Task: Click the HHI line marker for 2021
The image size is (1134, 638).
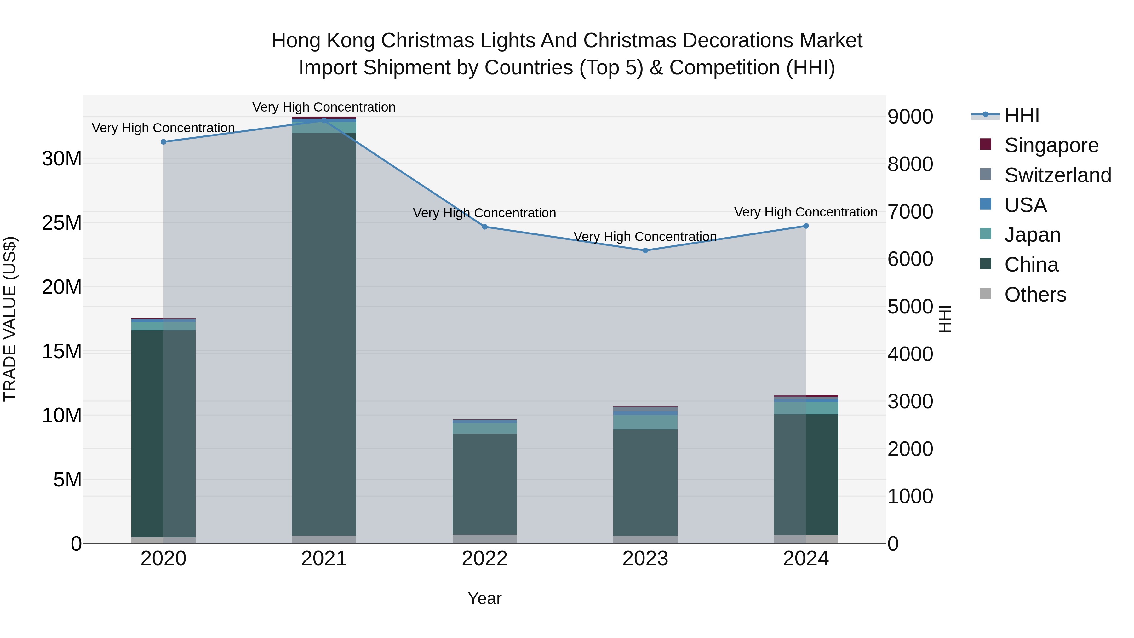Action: pos(324,120)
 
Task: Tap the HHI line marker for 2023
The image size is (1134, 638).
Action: pos(645,250)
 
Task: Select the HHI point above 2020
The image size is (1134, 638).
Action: pos(163,142)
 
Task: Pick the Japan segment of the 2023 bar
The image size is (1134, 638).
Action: pos(645,422)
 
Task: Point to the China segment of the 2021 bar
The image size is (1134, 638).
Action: pos(324,335)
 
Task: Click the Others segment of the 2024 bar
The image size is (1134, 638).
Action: pos(806,539)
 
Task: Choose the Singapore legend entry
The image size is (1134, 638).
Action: pos(1051,145)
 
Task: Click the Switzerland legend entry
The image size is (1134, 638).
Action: pos(1057,175)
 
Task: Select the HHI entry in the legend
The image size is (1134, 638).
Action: pos(1021,115)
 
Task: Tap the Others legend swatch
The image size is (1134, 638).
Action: pos(985,294)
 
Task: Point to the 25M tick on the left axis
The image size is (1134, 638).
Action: pos(62,223)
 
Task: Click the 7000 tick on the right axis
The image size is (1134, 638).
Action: pos(910,212)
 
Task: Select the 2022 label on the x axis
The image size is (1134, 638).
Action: pos(485,559)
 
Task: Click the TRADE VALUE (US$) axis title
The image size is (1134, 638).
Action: pos(10,319)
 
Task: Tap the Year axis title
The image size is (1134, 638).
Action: pos(485,598)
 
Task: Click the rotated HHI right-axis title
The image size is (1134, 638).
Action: pos(945,319)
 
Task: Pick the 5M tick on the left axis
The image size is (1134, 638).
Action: pos(67,480)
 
